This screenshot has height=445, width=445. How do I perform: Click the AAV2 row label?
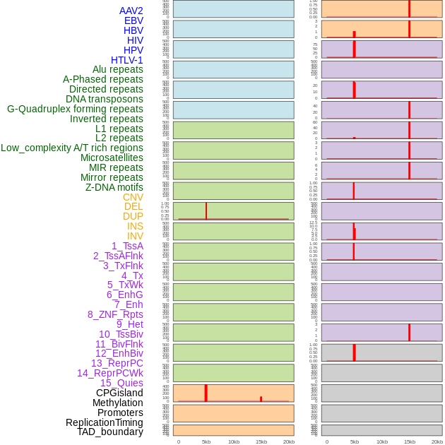(x=131, y=11)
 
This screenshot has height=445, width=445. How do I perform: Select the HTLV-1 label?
(x=127, y=60)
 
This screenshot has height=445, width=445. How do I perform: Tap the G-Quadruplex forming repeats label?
(x=75, y=109)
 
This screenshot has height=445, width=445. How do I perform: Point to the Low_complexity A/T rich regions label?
(x=72, y=148)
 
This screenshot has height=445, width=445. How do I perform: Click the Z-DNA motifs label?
(x=114, y=187)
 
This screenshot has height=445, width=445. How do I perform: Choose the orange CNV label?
(x=133, y=197)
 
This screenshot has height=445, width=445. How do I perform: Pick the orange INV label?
(x=135, y=236)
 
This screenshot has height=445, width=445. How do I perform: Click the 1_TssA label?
(x=127, y=246)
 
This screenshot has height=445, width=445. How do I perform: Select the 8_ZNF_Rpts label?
(x=115, y=314)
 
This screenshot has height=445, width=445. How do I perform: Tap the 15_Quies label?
(x=121, y=383)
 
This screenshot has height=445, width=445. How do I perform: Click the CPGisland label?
(x=119, y=393)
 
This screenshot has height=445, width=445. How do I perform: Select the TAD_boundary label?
(x=110, y=432)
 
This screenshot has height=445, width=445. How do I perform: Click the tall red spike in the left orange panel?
(x=206, y=393)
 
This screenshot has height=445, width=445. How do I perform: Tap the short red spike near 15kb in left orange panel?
(x=261, y=399)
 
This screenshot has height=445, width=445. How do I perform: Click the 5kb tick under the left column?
(x=206, y=441)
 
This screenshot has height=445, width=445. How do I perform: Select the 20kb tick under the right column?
(x=437, y=441)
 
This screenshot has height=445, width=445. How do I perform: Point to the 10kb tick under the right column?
(x=382, y=441)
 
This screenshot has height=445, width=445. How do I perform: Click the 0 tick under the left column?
(x=179, y=441)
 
